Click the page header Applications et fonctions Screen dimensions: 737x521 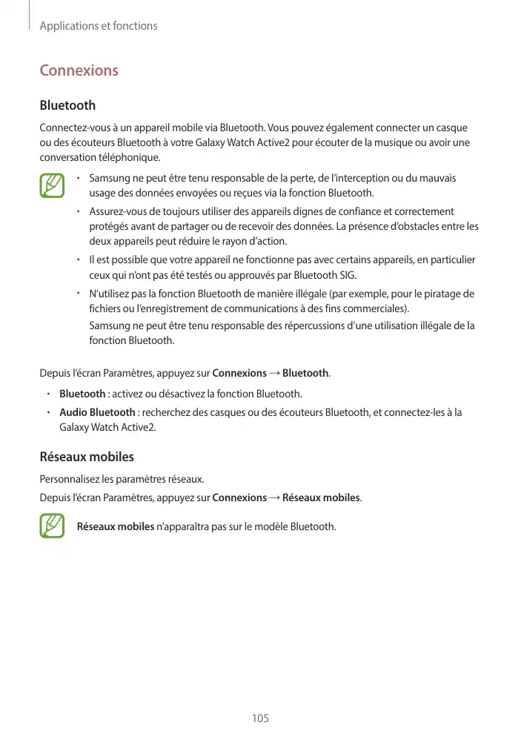point(98,26)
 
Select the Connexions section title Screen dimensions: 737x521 point(79,70)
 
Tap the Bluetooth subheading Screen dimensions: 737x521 point(67,106)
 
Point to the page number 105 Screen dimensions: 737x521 point(260,718)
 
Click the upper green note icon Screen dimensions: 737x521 point(53,186)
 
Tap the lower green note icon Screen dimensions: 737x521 point(53,526)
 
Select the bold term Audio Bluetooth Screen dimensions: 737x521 point(97,412)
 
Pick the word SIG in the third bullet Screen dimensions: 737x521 point(348,275)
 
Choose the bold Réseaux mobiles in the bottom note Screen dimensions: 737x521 point(115,527)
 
